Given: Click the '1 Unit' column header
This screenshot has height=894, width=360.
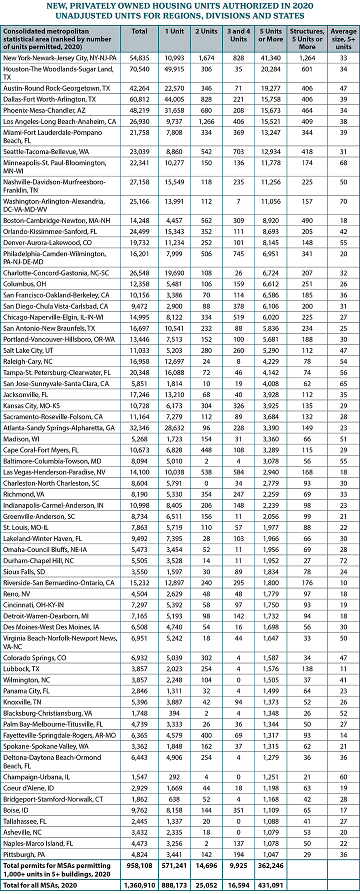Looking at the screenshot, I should [x=173, y=31].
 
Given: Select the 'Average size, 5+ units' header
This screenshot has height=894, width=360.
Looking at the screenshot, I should [x=343, y=38].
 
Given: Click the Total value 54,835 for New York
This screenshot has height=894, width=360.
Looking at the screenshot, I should [x=139, y=58].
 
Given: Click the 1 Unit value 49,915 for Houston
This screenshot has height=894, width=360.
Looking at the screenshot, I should [x=173, y=69].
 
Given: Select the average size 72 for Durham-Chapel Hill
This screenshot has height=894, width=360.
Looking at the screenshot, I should [x=343, y=561].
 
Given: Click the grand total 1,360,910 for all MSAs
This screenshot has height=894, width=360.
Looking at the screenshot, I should [x=139, y=885].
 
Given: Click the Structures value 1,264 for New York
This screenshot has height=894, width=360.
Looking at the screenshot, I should [x=307, y=58].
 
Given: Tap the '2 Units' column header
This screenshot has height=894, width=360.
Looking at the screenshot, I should [x=206, y=31].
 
